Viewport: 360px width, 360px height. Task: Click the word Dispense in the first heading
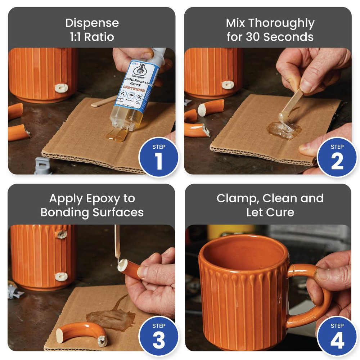click(x=92, y=23)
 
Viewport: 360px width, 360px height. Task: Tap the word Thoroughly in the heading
click(x=282, y=23)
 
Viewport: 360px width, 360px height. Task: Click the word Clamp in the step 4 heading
click(x=237, y=198)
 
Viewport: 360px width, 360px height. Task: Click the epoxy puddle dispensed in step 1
click(x=116, y=135)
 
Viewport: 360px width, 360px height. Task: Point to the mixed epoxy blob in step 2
click(x=284, y=130)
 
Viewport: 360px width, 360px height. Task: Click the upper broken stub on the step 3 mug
click(x=62, y=234)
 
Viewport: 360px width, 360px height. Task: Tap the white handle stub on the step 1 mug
click(x=61, y=88)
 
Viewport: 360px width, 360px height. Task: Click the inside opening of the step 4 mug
click(x=243, y=254)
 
